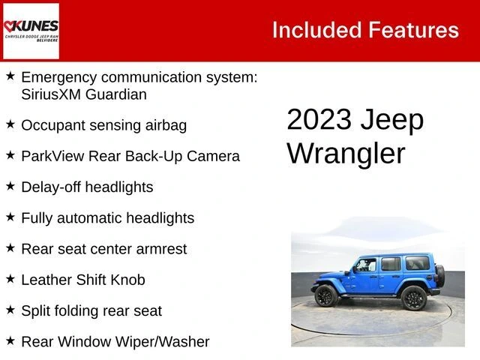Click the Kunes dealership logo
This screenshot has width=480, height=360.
[31, 31]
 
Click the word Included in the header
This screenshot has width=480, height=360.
[316, 30]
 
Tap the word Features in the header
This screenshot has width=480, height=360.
[414, 30]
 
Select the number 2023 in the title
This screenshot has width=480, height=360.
[319, 120]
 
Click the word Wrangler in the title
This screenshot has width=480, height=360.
[346, 153]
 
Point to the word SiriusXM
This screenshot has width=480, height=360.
[55, 94]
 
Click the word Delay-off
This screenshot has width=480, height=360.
[52, 187]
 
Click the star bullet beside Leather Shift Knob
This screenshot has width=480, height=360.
[10, 279]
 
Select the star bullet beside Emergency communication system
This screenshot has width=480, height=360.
[10, 76]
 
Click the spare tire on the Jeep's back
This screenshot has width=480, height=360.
[440, 274]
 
